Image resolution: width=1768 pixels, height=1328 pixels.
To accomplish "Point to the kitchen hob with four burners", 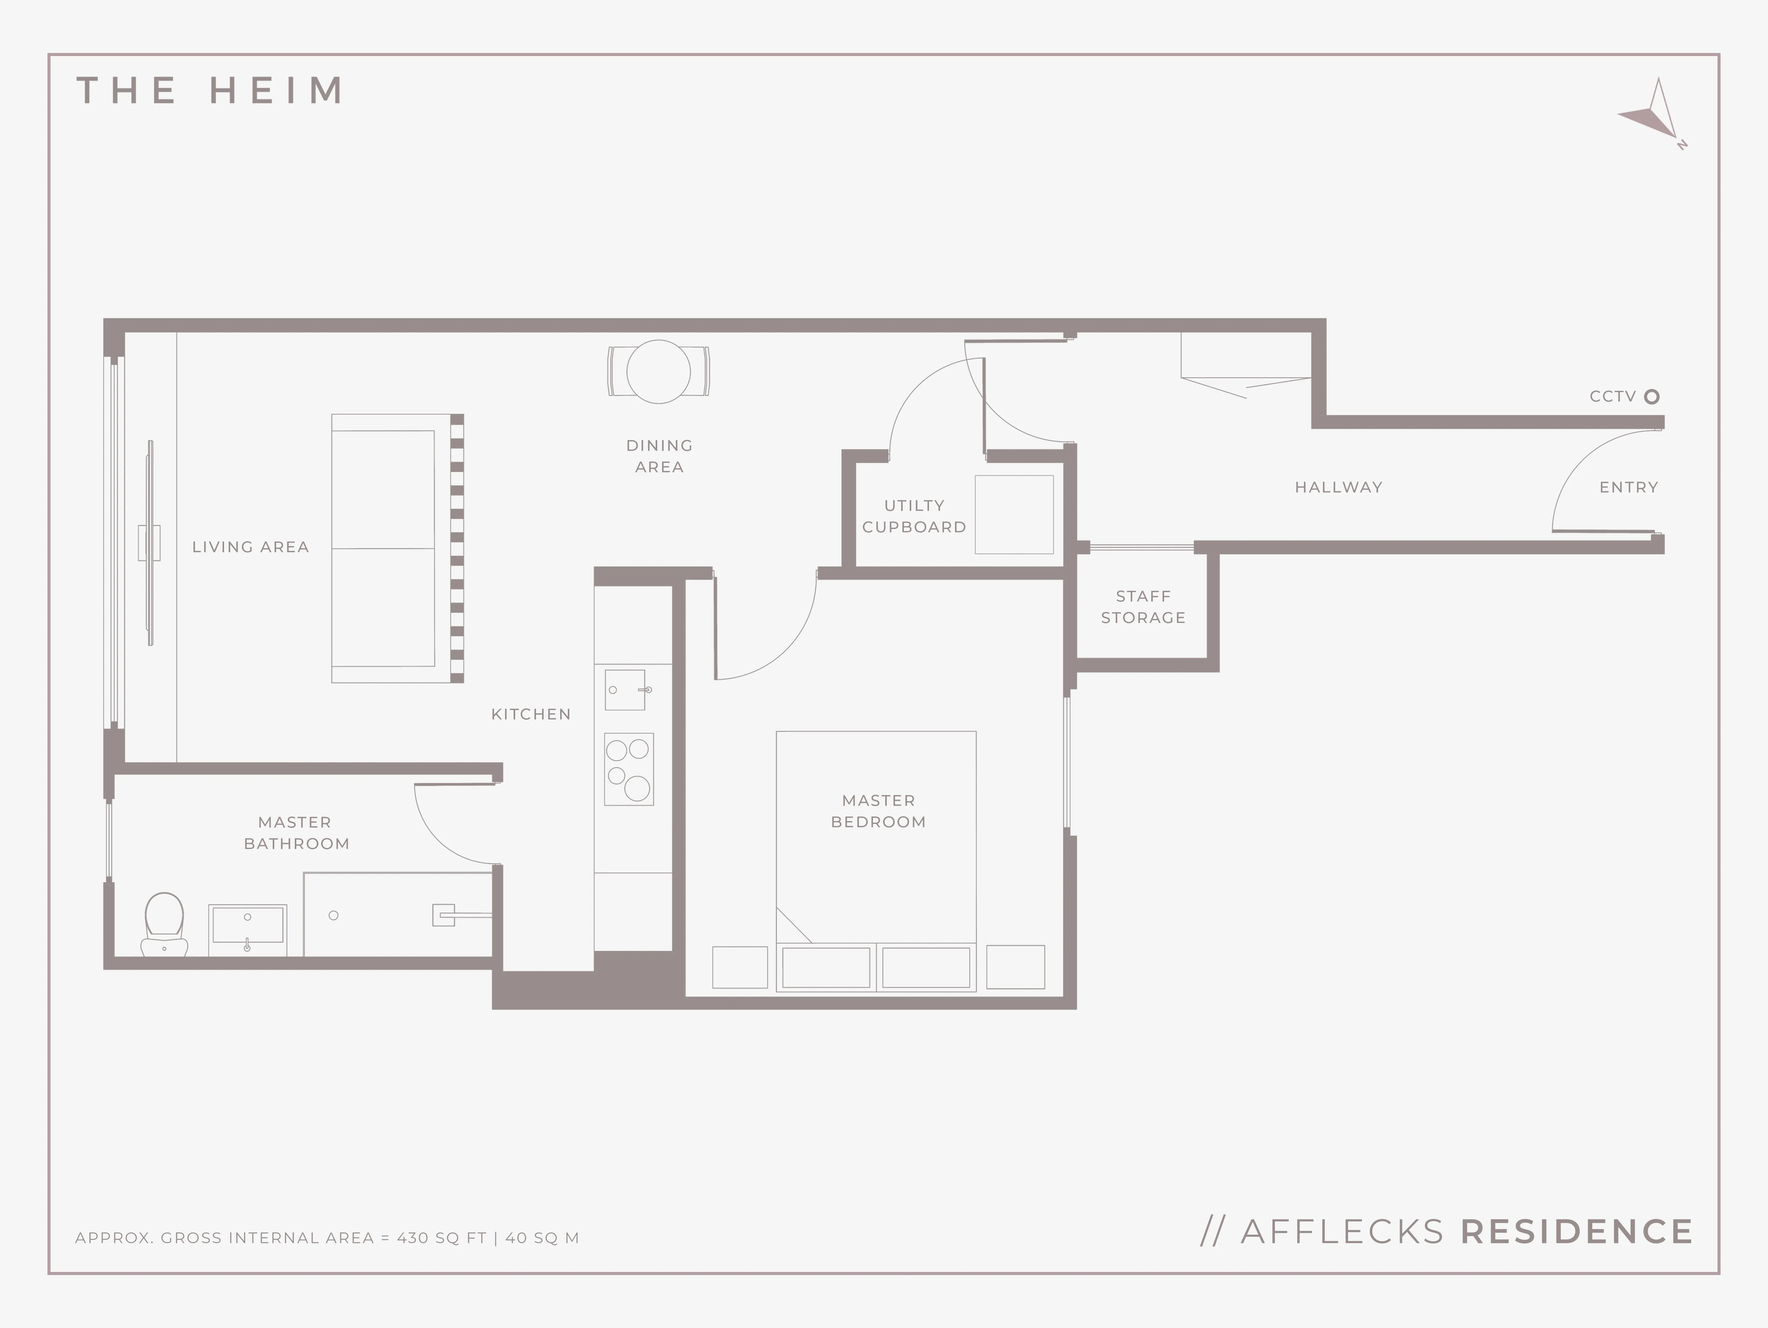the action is (x=629, y=769).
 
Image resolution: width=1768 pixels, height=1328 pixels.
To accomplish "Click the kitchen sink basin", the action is (x=625, y=690).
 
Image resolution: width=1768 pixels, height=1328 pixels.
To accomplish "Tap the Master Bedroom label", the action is (x=878, y=811).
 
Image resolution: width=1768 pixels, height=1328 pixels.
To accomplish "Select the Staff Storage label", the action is (x=1143, y=607).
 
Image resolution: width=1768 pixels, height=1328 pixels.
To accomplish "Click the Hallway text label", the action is (x=1339, y=487).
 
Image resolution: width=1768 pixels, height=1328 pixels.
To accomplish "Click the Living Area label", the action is (x=250, y=547).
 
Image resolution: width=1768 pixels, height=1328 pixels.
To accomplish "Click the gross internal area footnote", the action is (x=327, y=1238).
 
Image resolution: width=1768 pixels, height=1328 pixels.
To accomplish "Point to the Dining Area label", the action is (x=659, y=456).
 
